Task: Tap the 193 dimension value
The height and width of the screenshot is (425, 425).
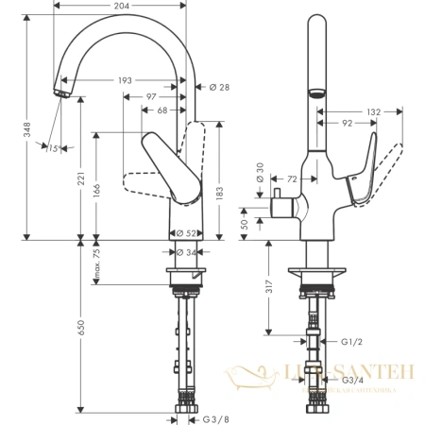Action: [127, 80]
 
